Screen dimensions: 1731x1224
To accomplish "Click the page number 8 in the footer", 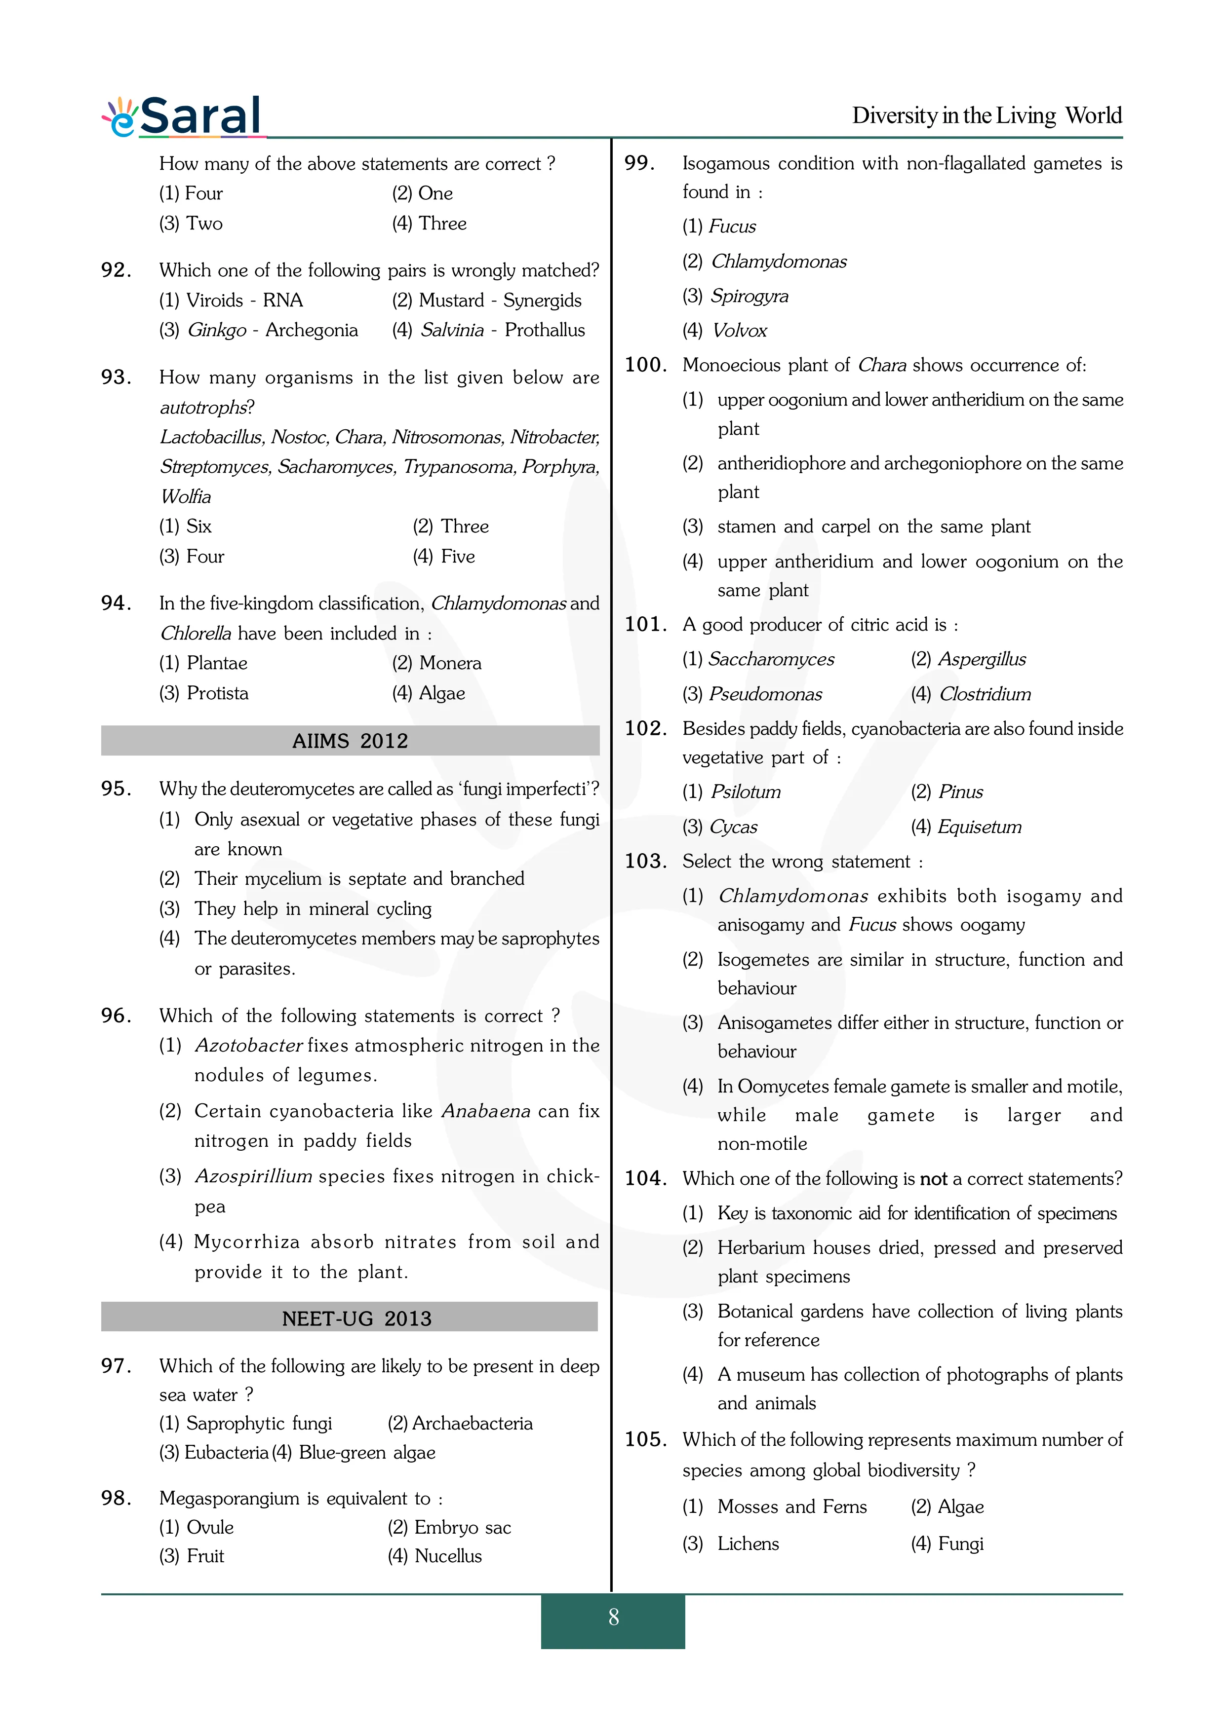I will [613, 1617].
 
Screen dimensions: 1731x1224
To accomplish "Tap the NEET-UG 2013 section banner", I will [356, 1318].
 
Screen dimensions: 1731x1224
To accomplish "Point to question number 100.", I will [645, 365].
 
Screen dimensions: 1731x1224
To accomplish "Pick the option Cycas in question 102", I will [733, 827].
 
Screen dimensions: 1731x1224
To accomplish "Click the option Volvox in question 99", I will [739, 330].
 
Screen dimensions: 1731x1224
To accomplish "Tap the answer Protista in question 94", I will [217, 693].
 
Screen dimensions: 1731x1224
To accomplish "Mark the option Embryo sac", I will [462, 1527].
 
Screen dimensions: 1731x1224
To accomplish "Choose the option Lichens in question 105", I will [748, 1543].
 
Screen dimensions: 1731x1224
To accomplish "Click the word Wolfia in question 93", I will [186, 496].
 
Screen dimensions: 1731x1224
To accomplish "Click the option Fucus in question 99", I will [732, 226].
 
